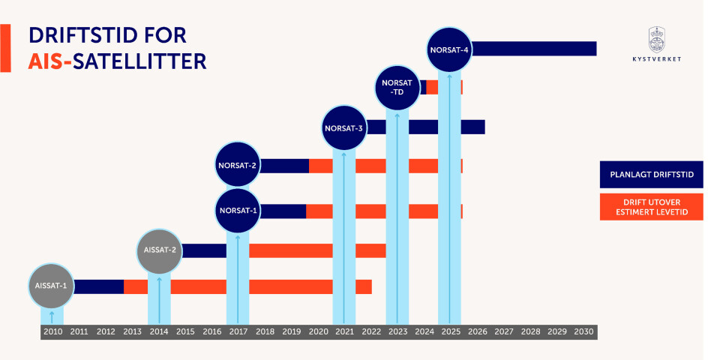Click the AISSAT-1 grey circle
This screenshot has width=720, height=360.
[x=52, y=286]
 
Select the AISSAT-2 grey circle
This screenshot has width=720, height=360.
[x=159, y=250]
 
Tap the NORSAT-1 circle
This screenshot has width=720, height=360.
[x=238, y=211]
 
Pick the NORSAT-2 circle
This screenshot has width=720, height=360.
[x=238, y=165]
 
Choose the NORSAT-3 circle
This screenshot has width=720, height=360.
[x=344, y=128]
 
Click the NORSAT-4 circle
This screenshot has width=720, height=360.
[x=449, y=50]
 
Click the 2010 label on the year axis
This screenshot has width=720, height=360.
[x=52, y=331]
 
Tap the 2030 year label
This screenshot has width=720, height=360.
[x=583, y=331]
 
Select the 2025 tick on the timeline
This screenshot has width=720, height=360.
[x=450, y=331]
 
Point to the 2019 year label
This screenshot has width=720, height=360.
[x=291, y=331]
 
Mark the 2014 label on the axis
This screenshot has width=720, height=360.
[x=159, y=331]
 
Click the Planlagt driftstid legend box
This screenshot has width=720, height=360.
[x=651, y=174]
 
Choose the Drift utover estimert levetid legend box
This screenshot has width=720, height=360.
[x=651, y=208]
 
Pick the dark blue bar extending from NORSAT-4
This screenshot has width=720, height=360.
[x=534, y=49]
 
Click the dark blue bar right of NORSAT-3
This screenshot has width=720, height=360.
[x=424, y=127]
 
